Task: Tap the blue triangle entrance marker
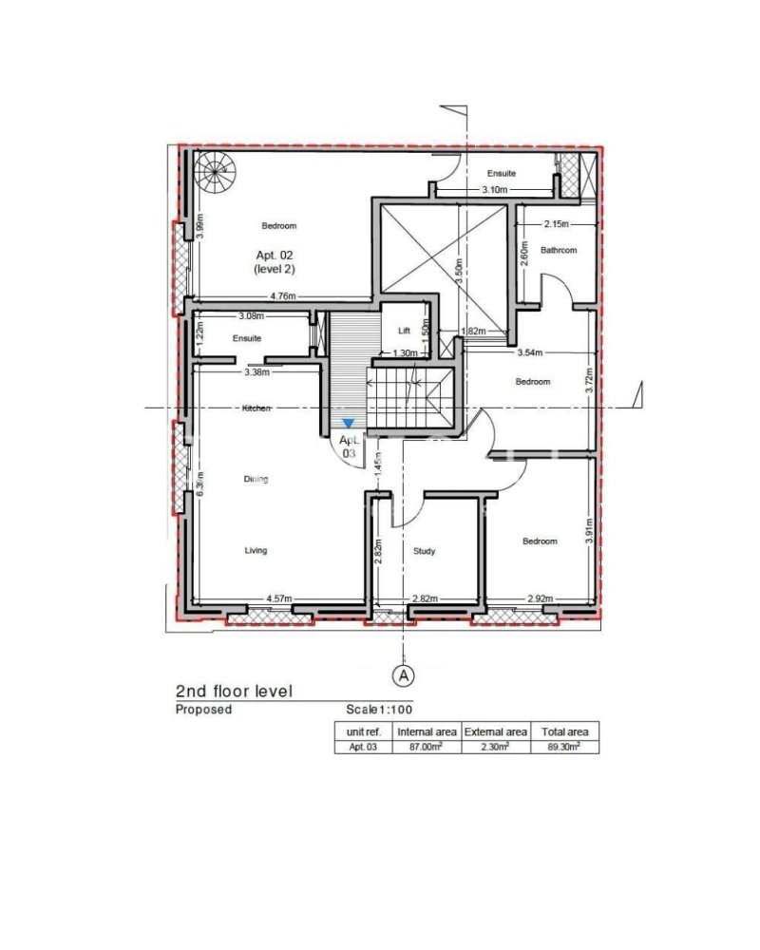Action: (x=350, y=423)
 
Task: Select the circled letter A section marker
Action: (x=404, y=675)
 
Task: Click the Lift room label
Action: (x=402, y=331)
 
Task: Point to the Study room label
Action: (x=424, y=551)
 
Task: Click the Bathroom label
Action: (x=559, y=251)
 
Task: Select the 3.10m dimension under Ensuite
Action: (x=494, y=190)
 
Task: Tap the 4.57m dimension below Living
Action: (x=278, y=598)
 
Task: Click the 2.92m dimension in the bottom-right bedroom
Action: (x=541, y=598)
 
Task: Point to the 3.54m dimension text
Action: (x=529, y=353)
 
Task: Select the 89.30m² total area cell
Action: (x=565, y=748)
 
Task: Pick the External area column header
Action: (x=495, y=731)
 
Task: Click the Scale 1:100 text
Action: (x=379, y=710)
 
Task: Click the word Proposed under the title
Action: (x=203, y=710)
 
